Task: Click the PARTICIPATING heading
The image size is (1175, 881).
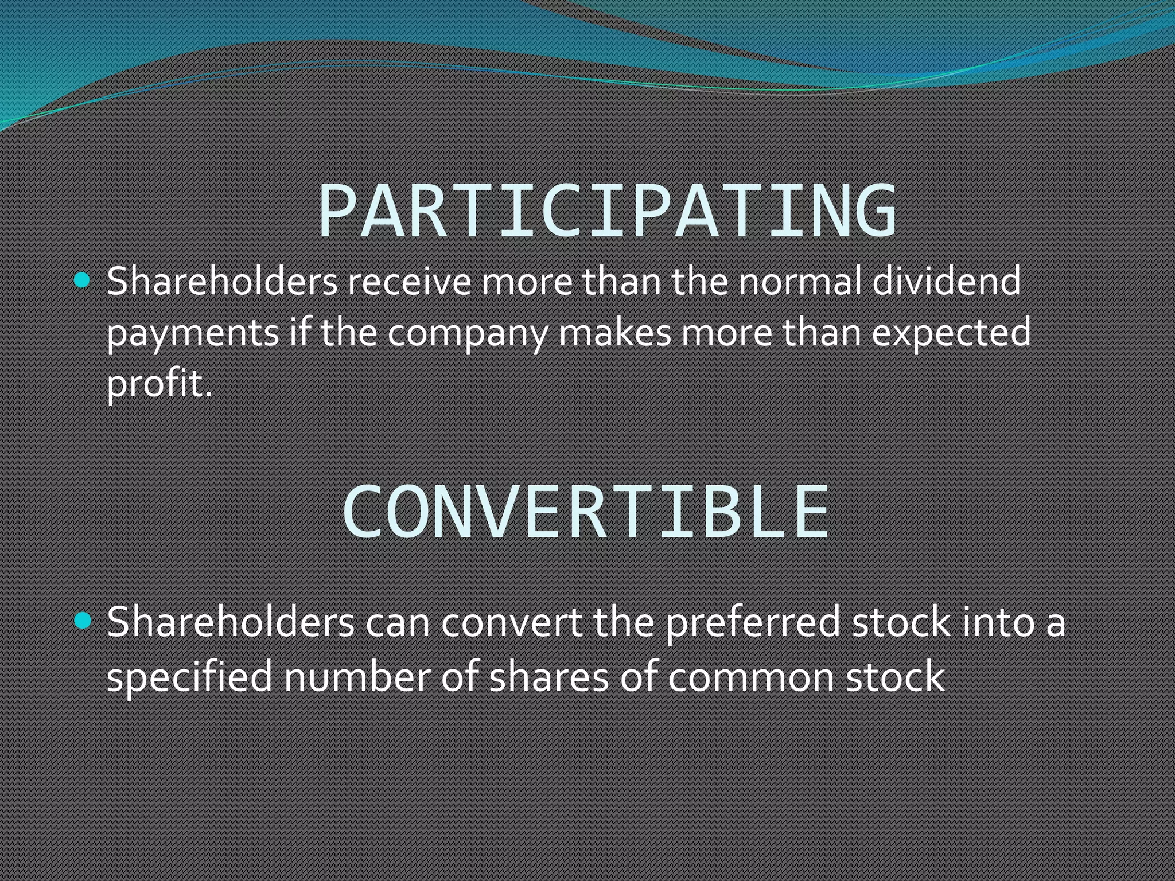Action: tap(607, 210)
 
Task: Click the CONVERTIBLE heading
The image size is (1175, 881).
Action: tap(586, 512)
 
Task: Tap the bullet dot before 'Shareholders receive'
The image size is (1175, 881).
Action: tap(83, 280)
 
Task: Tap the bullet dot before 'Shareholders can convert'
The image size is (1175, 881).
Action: tap(83, 621)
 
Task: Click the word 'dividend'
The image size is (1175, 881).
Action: tap(947, 282)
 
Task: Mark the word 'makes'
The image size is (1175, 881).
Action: tap(614, 333)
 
